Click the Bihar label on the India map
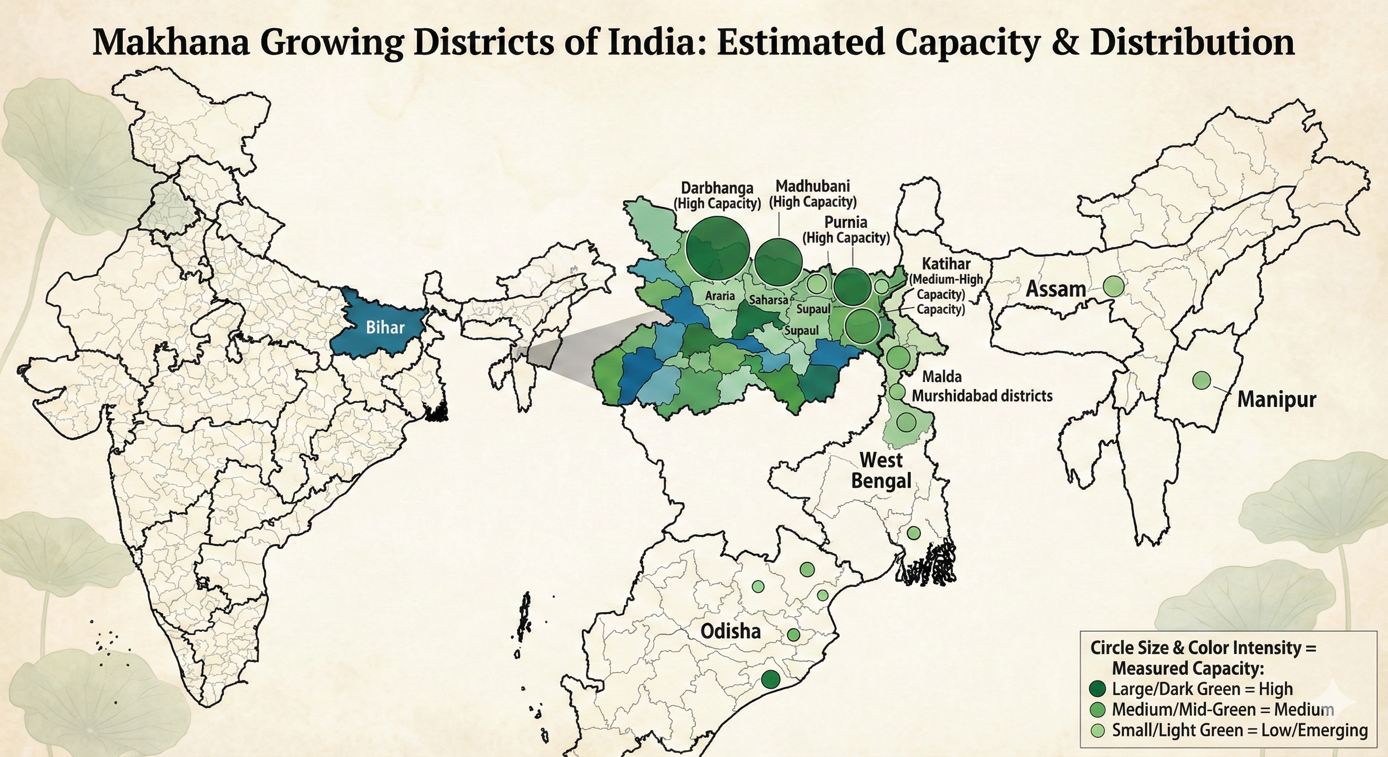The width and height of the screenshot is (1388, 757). click(x=385, y=327)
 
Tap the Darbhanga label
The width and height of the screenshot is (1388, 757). click(x=717, y=188)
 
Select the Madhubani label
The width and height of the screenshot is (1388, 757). click(x=812, y=186)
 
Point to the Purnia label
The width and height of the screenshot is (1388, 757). click(x=846, y=222)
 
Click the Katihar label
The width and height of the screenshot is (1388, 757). click(x=946, y=264)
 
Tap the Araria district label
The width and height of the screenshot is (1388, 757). click(x=720, y=295)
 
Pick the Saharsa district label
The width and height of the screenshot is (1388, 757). click(x=768, y=300)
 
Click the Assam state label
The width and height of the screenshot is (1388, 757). click(x=1056, y=289)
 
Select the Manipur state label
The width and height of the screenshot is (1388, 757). click(x=1277, y=400)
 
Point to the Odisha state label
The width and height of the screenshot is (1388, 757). click(x=730, y=631)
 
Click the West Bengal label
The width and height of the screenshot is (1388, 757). click(x=881, y=470)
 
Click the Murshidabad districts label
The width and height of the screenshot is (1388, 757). click(x=982, y=396)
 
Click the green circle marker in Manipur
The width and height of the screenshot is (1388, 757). click(x=1201, y=380)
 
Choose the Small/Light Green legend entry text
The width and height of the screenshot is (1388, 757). click(x=1239, y=730)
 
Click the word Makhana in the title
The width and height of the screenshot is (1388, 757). click(x=172, y=42)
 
